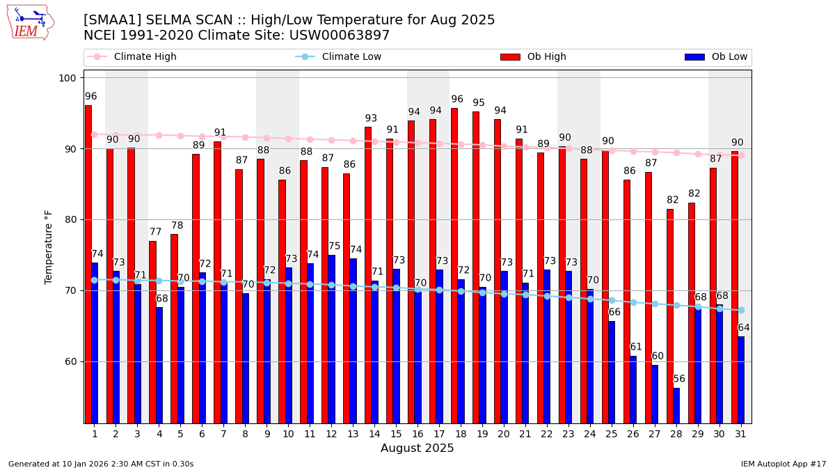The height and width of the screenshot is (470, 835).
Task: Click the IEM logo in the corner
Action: click(30, 22)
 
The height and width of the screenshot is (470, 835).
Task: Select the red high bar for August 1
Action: click(88, 264)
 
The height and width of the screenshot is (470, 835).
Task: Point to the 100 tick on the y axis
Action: click(67, 78)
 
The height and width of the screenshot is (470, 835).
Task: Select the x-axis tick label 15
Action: click(396, 434)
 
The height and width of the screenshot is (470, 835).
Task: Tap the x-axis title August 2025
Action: click(417, 448)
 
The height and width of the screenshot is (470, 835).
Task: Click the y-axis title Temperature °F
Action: click(49, 246)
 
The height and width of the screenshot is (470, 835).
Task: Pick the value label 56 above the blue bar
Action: click(679, 379)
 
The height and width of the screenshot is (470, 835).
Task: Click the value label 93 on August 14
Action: click(371, 119)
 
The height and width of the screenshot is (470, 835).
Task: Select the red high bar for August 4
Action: click(152, 332)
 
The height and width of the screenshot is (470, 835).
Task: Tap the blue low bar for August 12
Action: click(332, 339)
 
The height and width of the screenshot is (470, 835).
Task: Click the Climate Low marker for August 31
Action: click(741, 310)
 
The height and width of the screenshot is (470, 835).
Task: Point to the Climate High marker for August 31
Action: click(741, 155)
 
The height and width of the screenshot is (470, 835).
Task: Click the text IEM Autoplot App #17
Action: click(784, 464)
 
